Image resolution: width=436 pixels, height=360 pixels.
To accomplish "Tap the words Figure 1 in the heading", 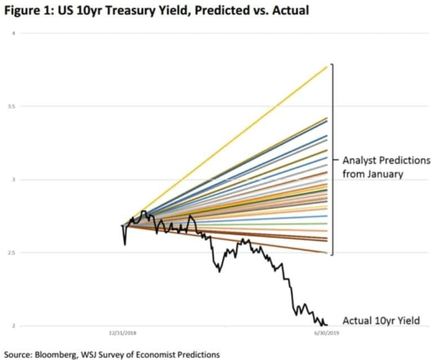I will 26,11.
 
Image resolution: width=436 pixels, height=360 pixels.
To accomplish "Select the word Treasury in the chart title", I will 129,11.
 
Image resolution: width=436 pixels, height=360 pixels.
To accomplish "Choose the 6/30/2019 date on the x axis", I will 327,333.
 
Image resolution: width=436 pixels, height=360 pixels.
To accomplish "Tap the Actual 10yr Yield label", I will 381,321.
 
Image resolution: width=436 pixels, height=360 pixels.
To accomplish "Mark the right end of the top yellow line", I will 327,67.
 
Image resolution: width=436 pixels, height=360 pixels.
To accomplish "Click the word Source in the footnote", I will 18,354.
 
